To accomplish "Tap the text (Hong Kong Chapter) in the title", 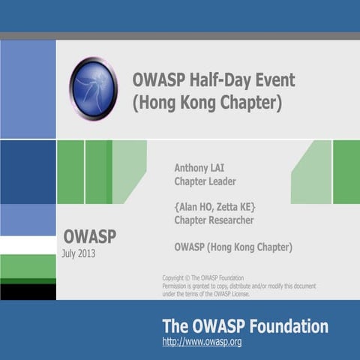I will (x=207, y=103).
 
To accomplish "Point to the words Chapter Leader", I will (x=205, y=181).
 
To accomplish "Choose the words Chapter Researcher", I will (x=214, y=220).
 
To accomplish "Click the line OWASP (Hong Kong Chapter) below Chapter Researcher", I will (x=233, y=247).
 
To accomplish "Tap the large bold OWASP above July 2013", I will (x=89, y=236).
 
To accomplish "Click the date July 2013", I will (x=79, y=253).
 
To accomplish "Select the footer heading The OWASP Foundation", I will (x=245, y=326).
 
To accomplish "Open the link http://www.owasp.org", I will (x=202, y=342).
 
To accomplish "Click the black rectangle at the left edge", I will (x=28, y=291).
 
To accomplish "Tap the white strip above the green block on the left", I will (x=28, y=244).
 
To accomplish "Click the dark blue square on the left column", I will (x=28, y=172).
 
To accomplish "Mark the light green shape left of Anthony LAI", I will (x=129, y=171).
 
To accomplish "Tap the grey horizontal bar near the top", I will (x=180, y=35).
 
